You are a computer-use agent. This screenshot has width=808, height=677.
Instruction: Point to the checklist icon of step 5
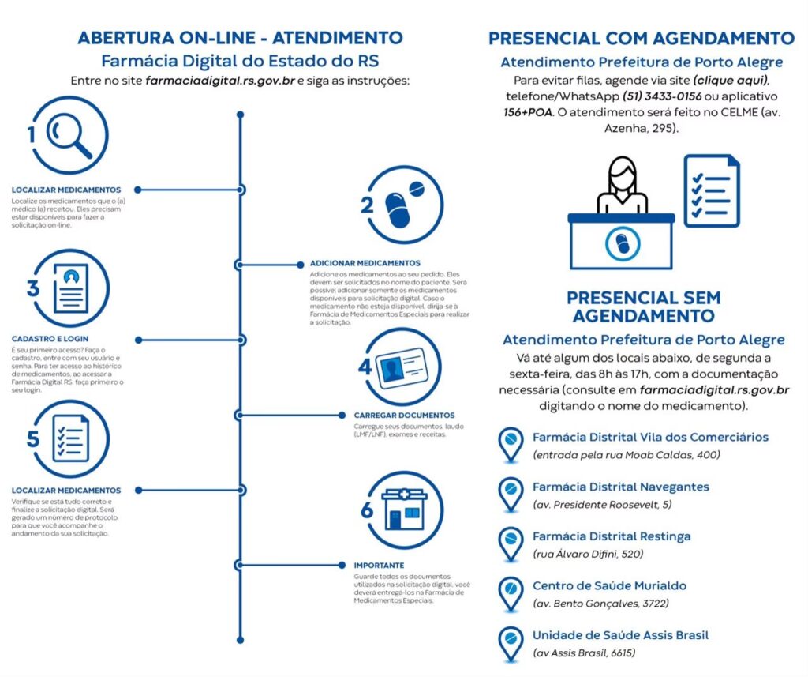[x=72, y=438]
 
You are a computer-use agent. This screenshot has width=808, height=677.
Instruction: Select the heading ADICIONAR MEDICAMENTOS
[x=365, y=263]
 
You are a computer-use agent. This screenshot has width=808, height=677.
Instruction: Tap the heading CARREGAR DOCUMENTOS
[x=403, y=415]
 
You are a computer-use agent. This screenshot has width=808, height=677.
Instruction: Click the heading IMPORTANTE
[x=379, y=566]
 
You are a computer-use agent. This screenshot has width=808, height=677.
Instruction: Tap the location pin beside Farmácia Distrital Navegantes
[x=511, y=493]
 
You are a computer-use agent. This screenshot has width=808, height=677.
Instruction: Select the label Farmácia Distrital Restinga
[x=612, y=536]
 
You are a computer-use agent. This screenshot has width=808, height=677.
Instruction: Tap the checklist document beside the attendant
[x=711, y=190]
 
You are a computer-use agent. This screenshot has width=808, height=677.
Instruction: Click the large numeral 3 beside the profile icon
[x=33, y=288]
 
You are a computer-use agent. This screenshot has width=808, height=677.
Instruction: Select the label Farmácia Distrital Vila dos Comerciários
[x=650, y=437]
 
